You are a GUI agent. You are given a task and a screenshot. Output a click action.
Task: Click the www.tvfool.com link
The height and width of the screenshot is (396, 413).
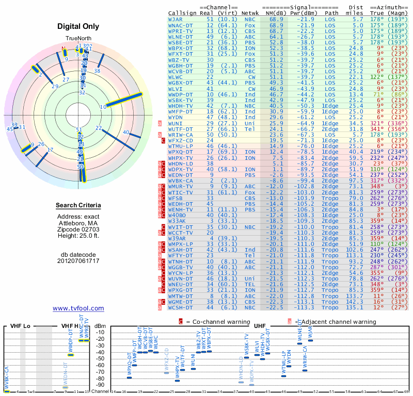[78, 308]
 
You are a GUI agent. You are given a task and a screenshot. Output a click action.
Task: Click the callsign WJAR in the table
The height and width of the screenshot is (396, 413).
[175, 19]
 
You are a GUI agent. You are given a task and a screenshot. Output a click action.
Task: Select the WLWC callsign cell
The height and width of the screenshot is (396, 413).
[175, 76]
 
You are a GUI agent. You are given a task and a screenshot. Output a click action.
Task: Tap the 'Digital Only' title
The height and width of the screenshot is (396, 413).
[78, 26]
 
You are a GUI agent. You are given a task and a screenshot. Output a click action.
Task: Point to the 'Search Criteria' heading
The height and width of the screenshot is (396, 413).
[78, 206]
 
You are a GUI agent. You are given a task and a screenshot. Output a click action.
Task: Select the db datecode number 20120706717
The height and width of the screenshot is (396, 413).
[78, 260]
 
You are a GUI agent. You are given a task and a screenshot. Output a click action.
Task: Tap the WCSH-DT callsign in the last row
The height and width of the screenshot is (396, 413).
[180, 308]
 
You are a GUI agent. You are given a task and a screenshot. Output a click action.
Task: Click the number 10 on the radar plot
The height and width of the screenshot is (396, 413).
[103, 107]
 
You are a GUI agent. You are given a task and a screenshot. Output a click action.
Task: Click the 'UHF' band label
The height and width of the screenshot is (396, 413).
[259, 326]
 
